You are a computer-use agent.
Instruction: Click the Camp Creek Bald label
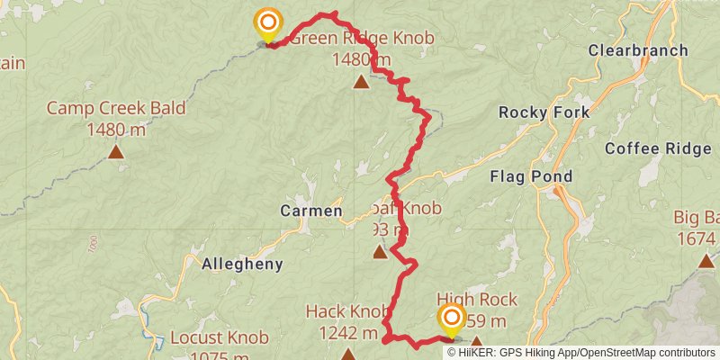click(116, 109)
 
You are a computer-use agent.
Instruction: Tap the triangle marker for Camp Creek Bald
click(116, 151)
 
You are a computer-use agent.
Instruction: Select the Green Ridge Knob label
click(363, 39)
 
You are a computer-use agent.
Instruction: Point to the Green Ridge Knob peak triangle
click(361, 83)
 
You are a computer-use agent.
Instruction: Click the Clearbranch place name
click(638, 51)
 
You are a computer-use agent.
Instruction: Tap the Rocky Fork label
click(544, 112)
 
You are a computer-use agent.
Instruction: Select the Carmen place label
click(310, 211)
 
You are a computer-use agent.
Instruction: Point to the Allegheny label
click(243, 265)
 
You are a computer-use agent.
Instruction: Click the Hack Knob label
click(346, 311)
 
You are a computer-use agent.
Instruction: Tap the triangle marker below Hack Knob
click(348, 355)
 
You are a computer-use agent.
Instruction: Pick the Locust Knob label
click(220, 339)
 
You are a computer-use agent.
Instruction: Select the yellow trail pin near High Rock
click(451, 319)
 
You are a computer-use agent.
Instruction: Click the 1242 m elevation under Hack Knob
click(347, 333)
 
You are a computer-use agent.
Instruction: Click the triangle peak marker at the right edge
click(707, 261)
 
